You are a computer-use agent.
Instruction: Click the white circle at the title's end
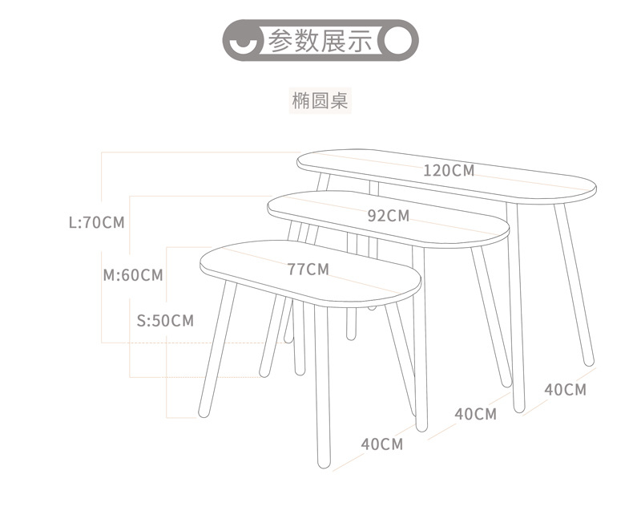[397, 40]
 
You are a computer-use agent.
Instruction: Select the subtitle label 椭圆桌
[320, 102]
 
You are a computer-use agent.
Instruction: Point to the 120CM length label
[449, 170]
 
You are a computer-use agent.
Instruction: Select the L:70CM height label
[97, 222]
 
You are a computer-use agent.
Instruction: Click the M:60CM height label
[133, 275]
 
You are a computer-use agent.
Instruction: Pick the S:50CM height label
[166, 321]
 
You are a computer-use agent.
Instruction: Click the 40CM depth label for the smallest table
[381, 444]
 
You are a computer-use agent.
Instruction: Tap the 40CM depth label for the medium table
[476, 414]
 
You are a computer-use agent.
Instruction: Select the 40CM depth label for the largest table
[566, 390]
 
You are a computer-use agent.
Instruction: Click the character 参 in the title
[280, 40]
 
